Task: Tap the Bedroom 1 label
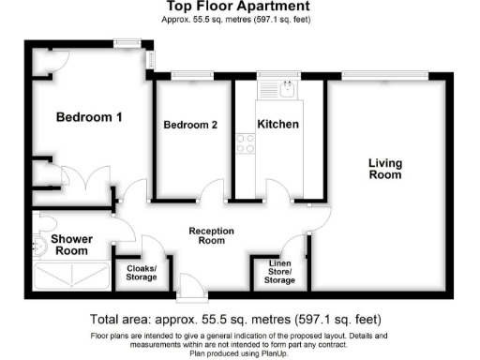pos(89,117)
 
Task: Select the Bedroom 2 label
pos(190,125)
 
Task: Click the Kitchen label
pos(277,124)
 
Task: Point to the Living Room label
pos(384,169)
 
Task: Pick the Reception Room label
pos(211,235)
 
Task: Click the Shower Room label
pos(70,245)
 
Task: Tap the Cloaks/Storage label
pos(142,273)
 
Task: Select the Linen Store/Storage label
pos(279,273)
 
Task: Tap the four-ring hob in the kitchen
pos(247,143)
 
